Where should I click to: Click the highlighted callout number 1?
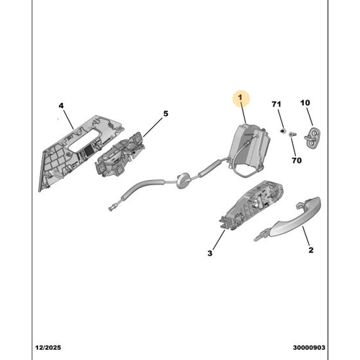point(240,97)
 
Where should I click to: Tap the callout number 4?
point(61,106)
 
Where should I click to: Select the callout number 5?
point(166,114)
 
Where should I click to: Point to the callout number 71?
point(276,104)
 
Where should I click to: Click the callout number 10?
point(305,103)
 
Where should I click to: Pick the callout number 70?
point(297,160)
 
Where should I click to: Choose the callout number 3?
point(210,253)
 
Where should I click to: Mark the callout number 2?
point(311,250)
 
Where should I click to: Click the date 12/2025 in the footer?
point(48,348)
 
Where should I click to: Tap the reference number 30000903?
point(309,348)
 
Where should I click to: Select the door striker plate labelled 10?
point(312,138)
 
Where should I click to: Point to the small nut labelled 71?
point(282,131)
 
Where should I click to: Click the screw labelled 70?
point(292,135)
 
